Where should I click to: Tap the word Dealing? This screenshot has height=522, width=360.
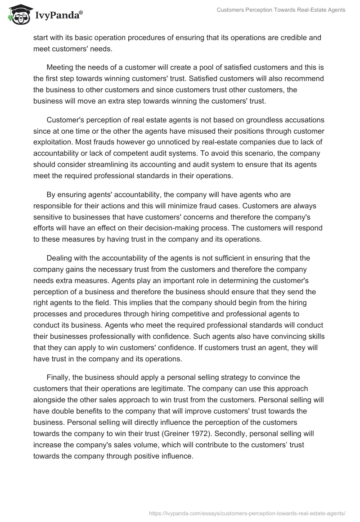coord(60,258)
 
